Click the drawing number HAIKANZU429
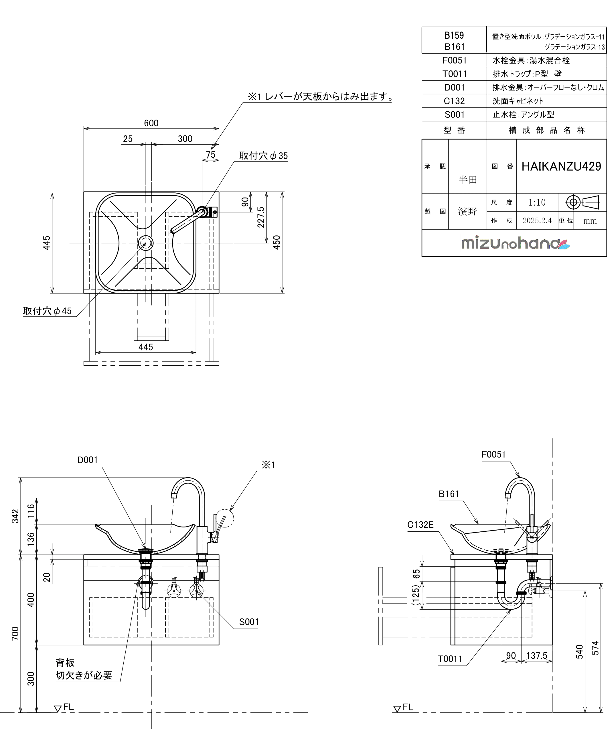[x=561, y=167]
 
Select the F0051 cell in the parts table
[x=454, y=60]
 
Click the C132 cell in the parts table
[x=454, y=101]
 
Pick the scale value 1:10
[x=537, y=202]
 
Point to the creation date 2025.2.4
[x=537, y=221]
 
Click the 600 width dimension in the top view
[x=151, y=123]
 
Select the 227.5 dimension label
[x=261, y=217]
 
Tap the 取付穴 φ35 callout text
[x=263, y=156]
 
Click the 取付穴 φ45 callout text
[x=47, y=311]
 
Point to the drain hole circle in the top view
[x=146, y=243]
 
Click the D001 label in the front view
[x=88, y=460]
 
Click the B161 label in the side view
[x=449, y=494]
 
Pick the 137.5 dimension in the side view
[x=536, y=655]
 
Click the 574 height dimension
[x=595, y=648]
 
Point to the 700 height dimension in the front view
[x=15, y=634]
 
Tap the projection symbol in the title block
[x=582, y=202]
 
